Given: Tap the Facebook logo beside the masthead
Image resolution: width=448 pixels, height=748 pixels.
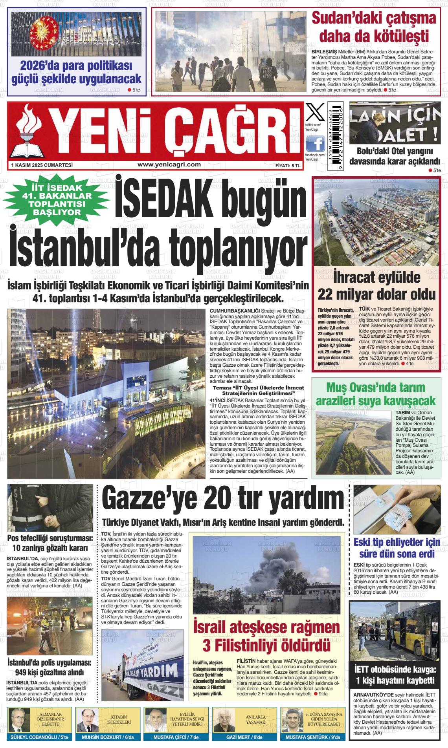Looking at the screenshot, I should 315,144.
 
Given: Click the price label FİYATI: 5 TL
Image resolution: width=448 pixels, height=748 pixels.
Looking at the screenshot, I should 288,166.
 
